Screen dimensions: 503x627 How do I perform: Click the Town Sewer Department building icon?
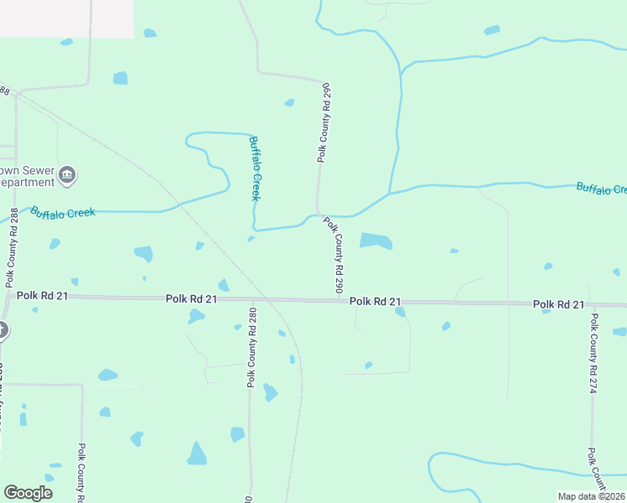pos(68,175)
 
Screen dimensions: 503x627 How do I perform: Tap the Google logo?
pos(28,493)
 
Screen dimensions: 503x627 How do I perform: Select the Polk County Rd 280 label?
pos(251,347)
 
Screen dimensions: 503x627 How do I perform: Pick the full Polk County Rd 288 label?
pos(12,242)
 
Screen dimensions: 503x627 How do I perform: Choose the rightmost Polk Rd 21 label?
pos(558,303)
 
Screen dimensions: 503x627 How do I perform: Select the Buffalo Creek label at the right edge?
pos(600,189)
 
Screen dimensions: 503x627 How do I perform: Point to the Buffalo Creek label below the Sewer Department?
pos(63,213)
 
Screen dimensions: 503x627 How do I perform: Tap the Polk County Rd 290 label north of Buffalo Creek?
pos(324,122)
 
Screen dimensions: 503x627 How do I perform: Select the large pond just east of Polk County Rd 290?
pos(376,241)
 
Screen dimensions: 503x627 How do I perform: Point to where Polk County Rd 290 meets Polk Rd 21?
pos(345,300)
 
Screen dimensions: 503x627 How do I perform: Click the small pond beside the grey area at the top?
pos(149,34)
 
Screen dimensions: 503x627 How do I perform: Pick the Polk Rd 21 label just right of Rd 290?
pos(375,301)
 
